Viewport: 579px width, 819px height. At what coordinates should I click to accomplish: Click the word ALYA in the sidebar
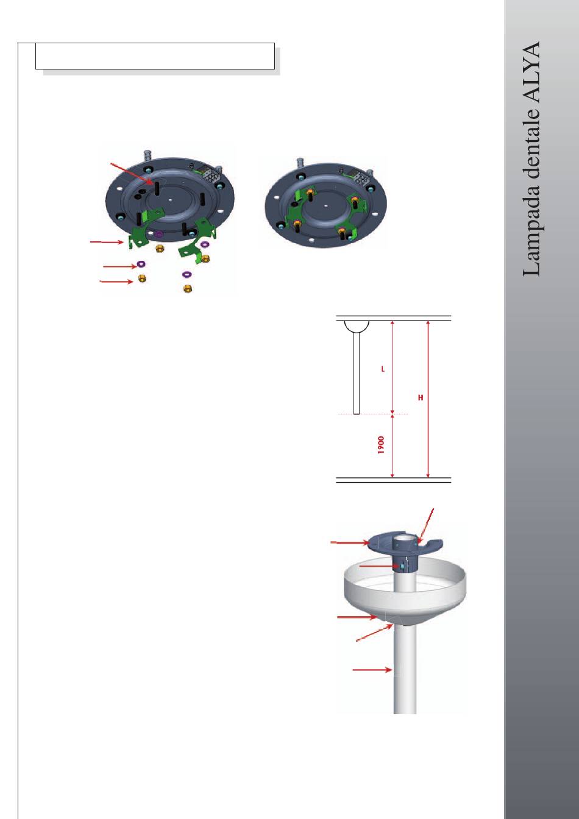531,73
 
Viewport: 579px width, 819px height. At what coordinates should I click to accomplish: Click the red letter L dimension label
383,369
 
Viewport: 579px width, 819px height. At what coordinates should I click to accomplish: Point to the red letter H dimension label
421,397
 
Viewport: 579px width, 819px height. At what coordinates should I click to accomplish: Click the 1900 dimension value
381,445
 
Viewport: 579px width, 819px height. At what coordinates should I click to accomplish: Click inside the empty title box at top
155,56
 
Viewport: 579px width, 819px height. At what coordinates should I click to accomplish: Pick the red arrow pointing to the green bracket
107,242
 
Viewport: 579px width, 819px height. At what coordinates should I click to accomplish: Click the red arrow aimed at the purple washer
120,266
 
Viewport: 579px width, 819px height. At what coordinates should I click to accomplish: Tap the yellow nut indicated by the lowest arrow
142,278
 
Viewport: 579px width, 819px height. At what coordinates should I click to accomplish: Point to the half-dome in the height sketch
357,327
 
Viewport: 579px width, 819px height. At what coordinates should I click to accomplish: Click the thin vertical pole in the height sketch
357,374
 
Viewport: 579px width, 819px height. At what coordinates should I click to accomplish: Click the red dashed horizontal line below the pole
373,414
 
